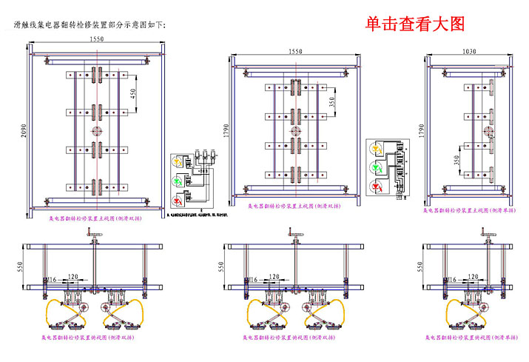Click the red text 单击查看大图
pyautogui.click(x=415, y=24)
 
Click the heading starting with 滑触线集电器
pyautogui.click(x=90, y=25)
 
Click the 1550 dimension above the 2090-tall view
pyautogui.click(x=96, y=38)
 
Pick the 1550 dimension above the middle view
pyautogui.click(x=295, y=52)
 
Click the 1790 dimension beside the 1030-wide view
pyautogui.click(x=421, y=132)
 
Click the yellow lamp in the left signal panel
pyautogui.click(x=178, y=160)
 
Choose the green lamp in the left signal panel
pyautogui.click(x=178, y=180)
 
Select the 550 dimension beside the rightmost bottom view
pyautogui.click(x=421, y=265)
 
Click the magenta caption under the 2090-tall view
pyautogui.click(x=95, y=220)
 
